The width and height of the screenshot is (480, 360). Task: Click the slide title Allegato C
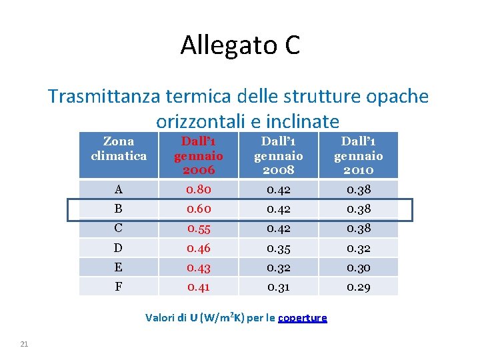point(240,45)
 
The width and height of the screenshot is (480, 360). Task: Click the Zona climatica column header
point(119,149)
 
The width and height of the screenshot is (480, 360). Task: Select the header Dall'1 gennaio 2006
point(198,155)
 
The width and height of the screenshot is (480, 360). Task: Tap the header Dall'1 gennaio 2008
point(278,155)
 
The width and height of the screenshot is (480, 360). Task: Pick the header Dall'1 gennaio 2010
point(358,155)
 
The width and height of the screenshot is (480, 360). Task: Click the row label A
point(118,190)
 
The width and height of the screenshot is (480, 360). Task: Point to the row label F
point(118,287)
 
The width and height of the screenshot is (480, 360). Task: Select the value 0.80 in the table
point(198,190)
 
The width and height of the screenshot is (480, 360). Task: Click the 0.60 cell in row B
point(198,209)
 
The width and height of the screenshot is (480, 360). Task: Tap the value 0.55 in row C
point(198,229)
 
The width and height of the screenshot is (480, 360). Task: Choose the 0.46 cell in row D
point(198,249)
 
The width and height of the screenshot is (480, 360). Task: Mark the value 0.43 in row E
point(198,268)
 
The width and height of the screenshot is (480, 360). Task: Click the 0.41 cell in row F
point(198,287)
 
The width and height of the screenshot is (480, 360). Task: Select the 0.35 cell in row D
point(278,249)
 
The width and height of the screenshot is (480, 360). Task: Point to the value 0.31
point(278,287)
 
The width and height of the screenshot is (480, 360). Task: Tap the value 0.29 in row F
point(359,287)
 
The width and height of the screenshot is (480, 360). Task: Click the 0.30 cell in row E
point(359,268)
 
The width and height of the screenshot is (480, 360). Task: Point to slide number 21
point(24,343)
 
